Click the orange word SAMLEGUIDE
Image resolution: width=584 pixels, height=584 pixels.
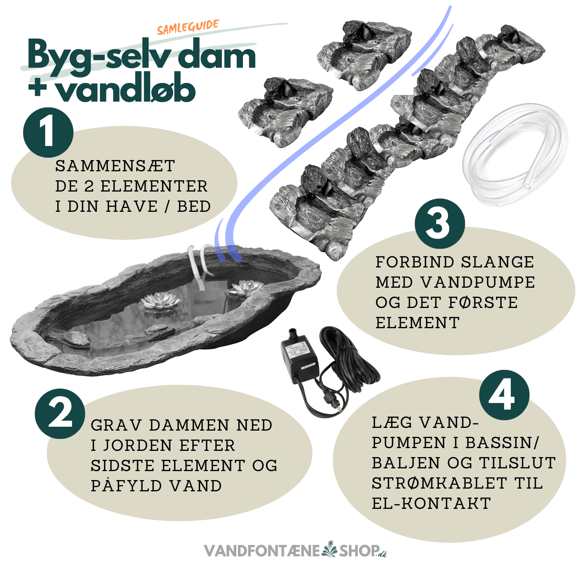188,27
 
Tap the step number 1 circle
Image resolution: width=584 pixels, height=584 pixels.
48,132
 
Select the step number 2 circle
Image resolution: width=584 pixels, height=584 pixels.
60,413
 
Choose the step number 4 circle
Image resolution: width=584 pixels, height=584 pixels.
504,395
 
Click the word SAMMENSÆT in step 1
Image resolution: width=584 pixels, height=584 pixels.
115,166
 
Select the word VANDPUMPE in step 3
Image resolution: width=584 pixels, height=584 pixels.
478,282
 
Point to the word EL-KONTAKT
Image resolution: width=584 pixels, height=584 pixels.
431,503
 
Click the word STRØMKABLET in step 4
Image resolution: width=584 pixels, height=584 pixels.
439,483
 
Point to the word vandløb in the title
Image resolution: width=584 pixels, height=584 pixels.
125,90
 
